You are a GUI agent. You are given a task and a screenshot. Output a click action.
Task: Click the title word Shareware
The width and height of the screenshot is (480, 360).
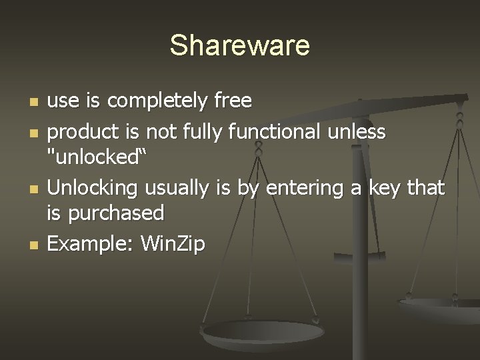click(x=239, y=45)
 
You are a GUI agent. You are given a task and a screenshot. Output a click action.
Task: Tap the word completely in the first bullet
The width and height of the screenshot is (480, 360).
click(x=158, y=101)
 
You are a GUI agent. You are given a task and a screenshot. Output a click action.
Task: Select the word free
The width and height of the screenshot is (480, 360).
click(x=233, y=101)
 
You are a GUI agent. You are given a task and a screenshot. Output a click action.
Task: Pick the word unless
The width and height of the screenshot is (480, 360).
click(x=357, y=133)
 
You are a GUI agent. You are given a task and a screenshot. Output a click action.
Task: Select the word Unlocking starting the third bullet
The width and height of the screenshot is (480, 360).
click(x=89, y=189)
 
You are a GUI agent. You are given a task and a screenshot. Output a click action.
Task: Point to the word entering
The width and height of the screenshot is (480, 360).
click(x=307, y=189)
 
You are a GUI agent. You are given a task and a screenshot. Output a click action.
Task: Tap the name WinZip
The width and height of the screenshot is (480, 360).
click(x=173, y=244)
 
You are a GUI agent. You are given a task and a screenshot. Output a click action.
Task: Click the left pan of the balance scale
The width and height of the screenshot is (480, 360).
click(x=263, y=333)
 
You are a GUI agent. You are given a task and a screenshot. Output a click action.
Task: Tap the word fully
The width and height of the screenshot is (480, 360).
click(x=201, y=133)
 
